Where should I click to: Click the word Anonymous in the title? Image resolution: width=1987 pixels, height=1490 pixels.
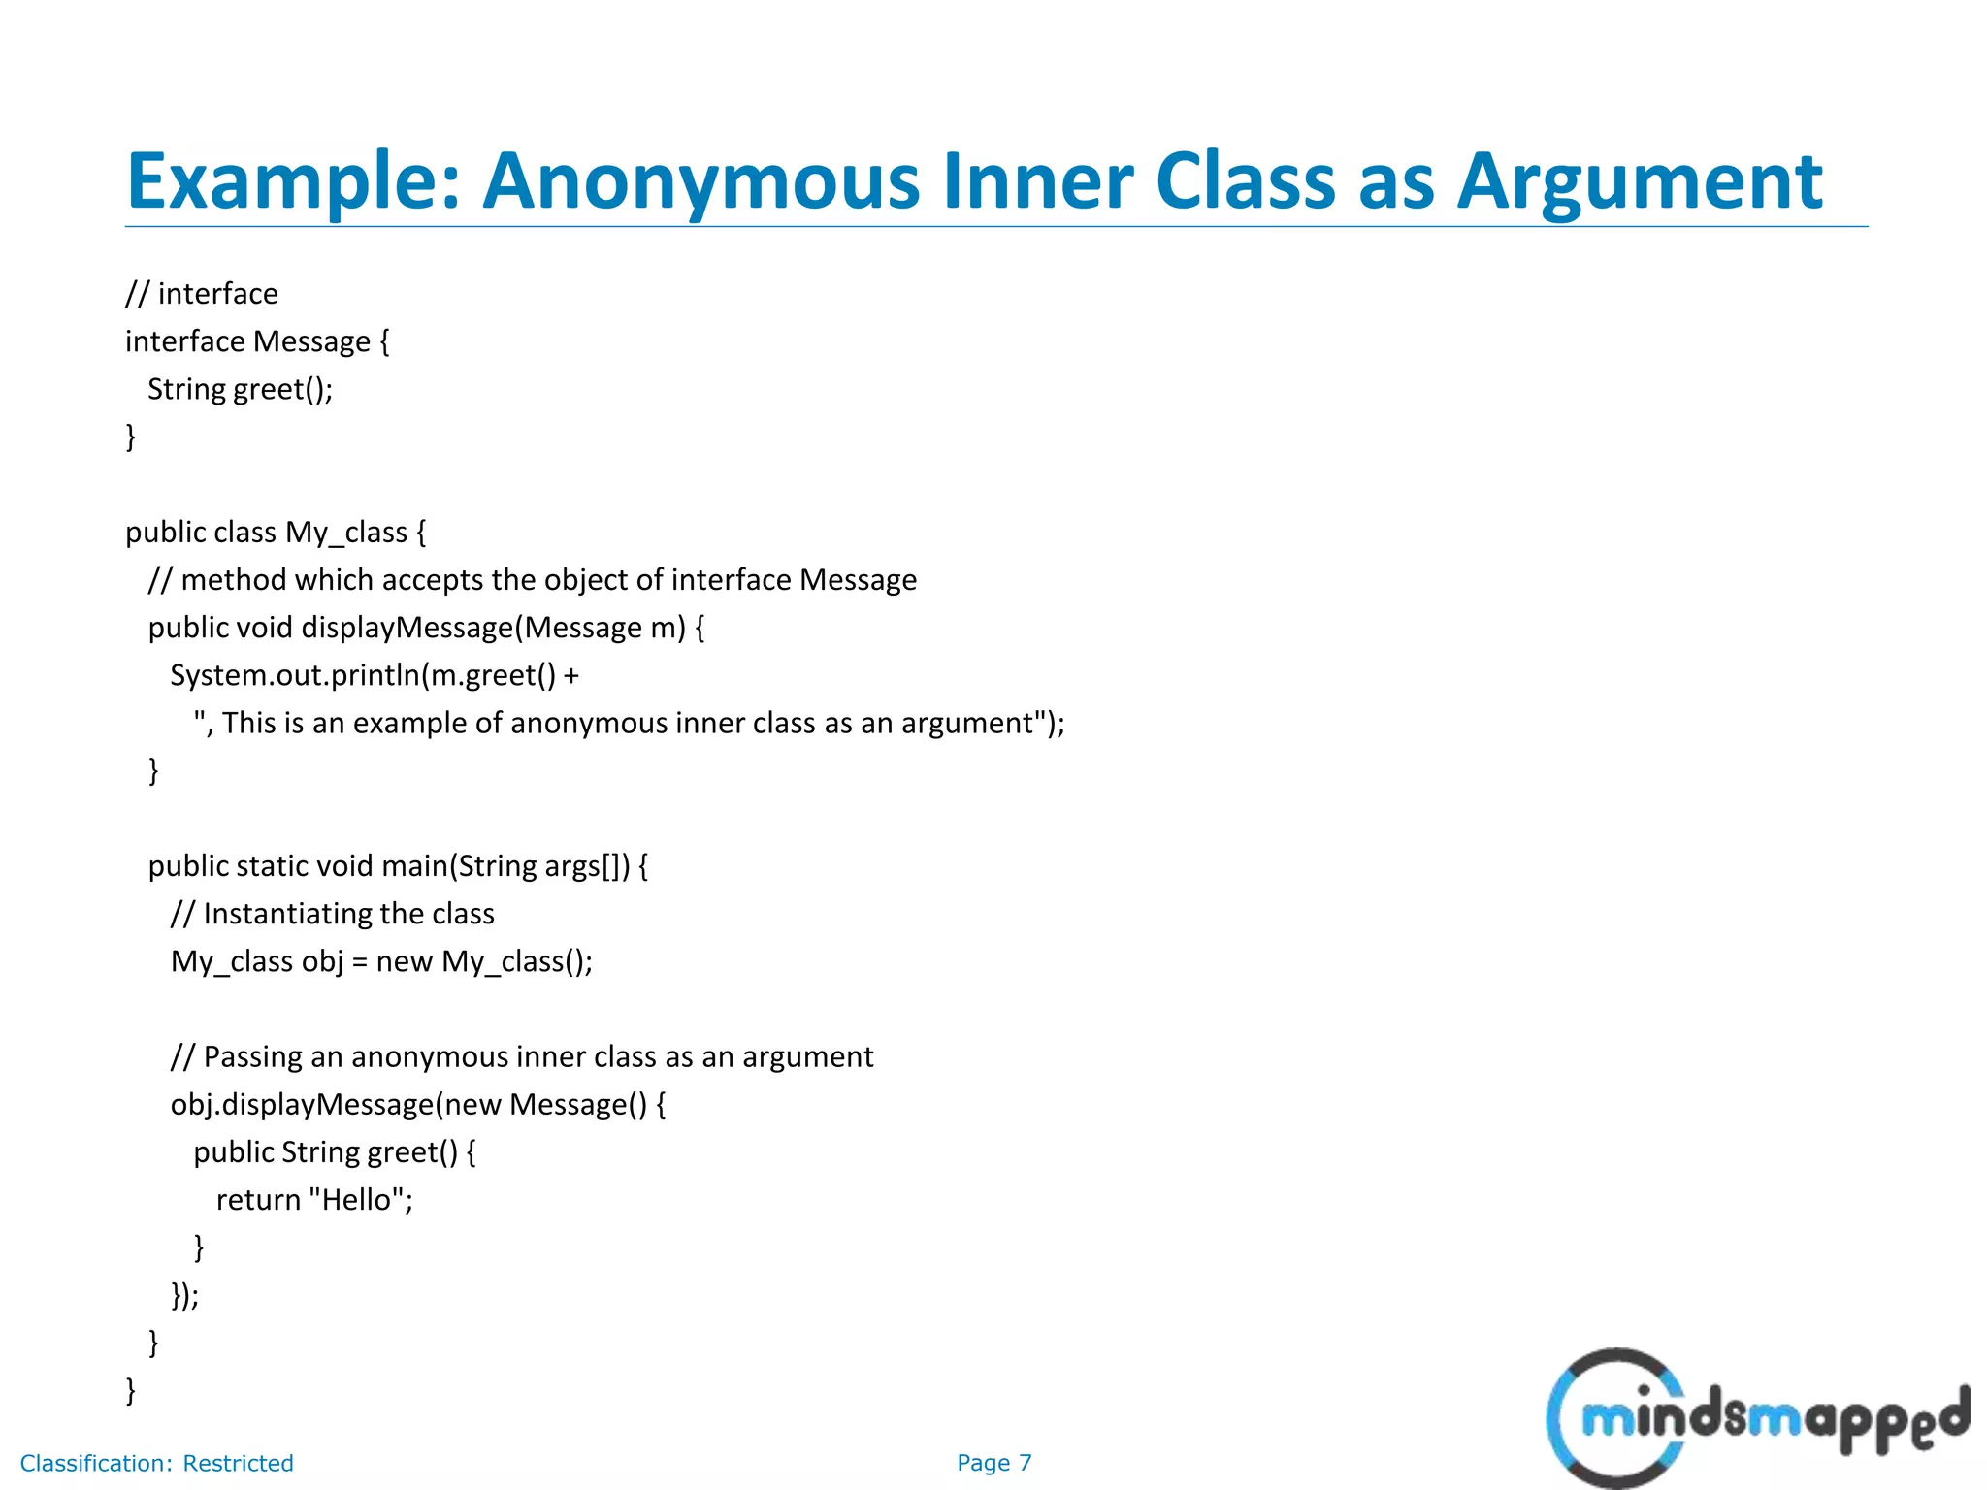coord(700,181)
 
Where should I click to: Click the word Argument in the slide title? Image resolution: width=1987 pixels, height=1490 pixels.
coord(1639,181)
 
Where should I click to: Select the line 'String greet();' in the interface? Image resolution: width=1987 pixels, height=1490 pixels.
coord(240,389)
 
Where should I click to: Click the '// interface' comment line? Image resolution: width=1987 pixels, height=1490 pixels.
coord(202,294)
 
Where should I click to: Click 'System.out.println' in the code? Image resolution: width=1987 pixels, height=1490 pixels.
coord(295,675)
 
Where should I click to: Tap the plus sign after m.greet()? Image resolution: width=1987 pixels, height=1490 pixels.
coord(570,676)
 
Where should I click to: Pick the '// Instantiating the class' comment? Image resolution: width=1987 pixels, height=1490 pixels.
coord(333,914)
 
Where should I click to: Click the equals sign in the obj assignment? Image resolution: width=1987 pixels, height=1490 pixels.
coord(360,962)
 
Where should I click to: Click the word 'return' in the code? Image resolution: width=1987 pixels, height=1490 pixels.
coord(258,1200)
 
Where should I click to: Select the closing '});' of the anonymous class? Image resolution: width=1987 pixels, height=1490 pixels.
coord(184,1295)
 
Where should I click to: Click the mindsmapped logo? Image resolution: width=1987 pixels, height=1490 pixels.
coord(1757,1417)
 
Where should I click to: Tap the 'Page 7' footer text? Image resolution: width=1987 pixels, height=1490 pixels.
coord(994,1463)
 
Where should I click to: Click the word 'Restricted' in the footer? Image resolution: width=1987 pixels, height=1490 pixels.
coord(238,1463)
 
